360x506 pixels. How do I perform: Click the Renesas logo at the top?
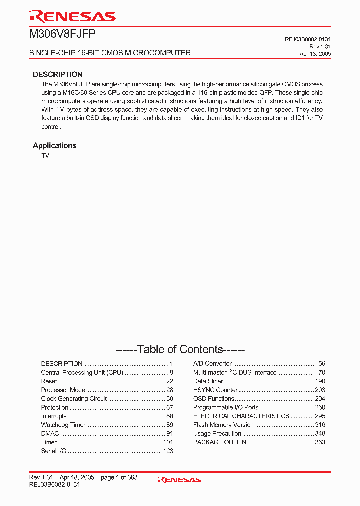tap(73, 16)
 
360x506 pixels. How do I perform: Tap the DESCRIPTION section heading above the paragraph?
tap(58, 74)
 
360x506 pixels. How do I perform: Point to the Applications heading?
tap(54, 146)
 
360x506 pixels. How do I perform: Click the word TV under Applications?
tap(45, 156)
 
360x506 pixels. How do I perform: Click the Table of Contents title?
tap(180, 349)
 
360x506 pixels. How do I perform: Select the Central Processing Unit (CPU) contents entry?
tap(82, 373)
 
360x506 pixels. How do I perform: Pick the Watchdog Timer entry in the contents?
tap(63, 425)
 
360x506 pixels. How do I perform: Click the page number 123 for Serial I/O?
tap(168, 451)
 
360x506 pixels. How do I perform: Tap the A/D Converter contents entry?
tap(212, 364)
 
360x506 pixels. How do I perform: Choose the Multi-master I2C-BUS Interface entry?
tap(235, 373)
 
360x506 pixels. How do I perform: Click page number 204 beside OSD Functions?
tap(320, 399)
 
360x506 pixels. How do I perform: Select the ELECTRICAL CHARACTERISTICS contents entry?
tap(241, 416)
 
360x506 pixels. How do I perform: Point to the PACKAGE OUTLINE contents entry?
tap(222, 442)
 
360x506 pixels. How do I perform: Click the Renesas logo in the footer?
tap(179, 480)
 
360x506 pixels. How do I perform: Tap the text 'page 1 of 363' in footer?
tap(119, 478)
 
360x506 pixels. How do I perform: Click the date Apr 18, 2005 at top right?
tap(315, 53)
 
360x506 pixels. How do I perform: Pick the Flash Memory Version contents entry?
tap(223, 425)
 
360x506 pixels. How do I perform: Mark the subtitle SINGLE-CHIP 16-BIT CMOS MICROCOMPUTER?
tap(110, 53)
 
